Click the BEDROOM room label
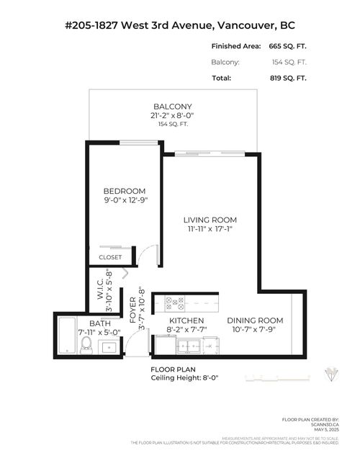click(125, 191)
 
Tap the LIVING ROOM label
click(210, 220)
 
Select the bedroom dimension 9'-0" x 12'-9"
click(125, 201)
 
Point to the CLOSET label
click(110, 257)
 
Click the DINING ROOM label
click(255, 320)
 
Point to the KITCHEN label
click(186, 321)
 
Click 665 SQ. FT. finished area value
click(287, 46)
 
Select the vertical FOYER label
click(132, 306)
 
